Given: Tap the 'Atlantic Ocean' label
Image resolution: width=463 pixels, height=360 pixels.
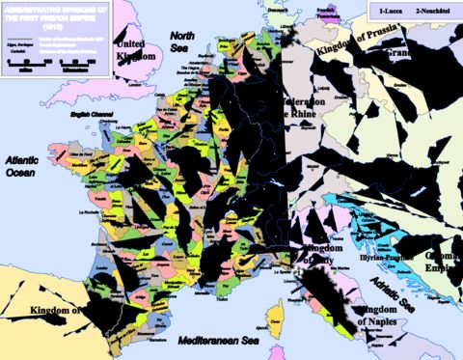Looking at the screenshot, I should (x=21, y=167).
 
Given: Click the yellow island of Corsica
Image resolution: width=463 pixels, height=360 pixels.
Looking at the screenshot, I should (x=277, y=313).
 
